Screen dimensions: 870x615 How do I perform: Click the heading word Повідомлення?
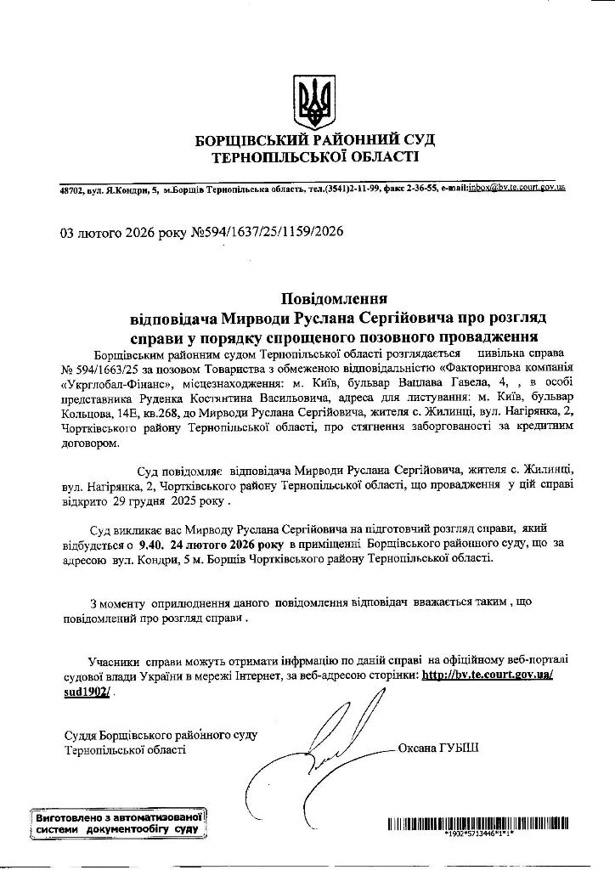tap(335, 298)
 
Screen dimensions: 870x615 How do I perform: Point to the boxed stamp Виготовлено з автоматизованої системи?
tap(118, 822)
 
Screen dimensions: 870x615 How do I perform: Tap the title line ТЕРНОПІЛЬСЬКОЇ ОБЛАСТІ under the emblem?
tap(316, 157)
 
